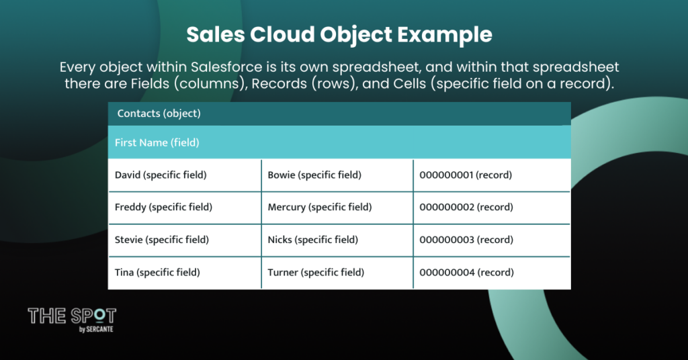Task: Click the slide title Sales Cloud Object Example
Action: [x=339, y=35]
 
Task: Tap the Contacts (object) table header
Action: [x=159, y=113]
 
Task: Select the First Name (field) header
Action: [x=157, y=142]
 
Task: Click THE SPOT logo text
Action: [x=72, y=316]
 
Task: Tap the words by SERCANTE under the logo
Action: [x=96, y=329]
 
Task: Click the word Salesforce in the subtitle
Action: [x=226, y=67]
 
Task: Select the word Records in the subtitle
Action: [x=279, y=83]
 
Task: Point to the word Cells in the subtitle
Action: [x=409, y=83]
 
